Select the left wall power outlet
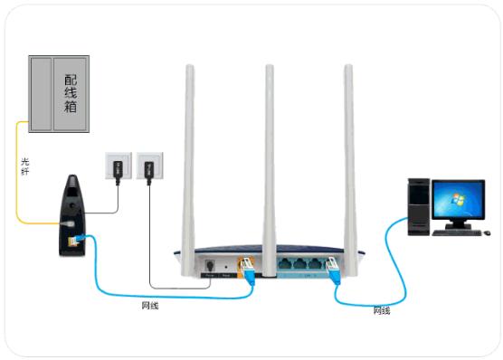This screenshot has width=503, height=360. tap(116, 166)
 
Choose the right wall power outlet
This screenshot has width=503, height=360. tap(147, 166)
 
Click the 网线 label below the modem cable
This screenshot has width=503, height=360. tap(151, 306)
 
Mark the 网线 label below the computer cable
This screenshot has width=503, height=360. tap(383, 310)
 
